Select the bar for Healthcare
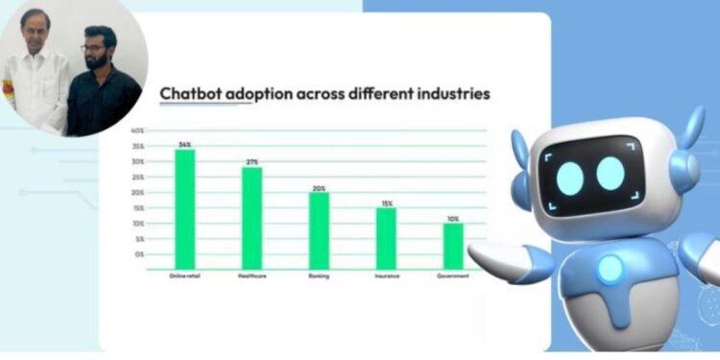(252, 218)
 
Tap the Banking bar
(319, 230)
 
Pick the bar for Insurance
(386, 238)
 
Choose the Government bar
(453, 246)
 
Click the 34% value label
(184, 144)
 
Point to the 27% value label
(252, 162)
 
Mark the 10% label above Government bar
(453, 218)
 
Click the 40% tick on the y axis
(137, 131)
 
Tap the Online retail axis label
(184, 276)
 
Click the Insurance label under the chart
(386, 276)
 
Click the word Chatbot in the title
(192, 94)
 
